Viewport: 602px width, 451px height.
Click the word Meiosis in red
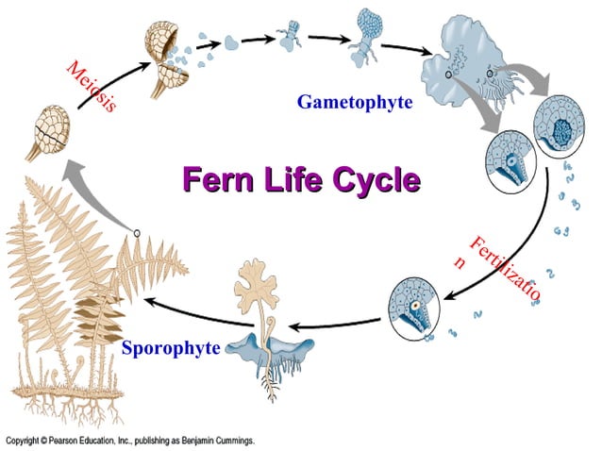point(92,86)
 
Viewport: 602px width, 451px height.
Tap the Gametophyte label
point(355,102)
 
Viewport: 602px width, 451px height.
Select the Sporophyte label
point(171,348)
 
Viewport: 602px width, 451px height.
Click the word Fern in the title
point(214,179)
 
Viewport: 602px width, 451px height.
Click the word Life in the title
point(289,179)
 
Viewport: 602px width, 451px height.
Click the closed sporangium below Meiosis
point(46,130)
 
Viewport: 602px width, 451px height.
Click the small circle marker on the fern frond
point(137,232)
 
